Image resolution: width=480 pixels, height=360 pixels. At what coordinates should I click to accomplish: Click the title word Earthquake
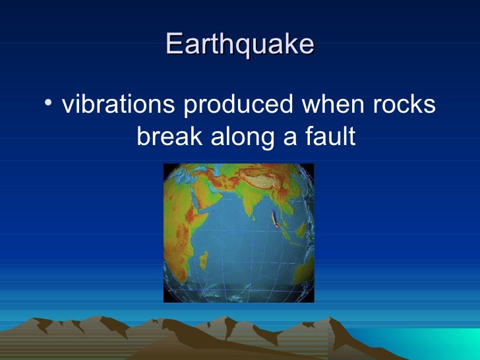[239, 44]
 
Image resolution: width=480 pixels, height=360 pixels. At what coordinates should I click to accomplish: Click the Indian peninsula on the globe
[254, 201]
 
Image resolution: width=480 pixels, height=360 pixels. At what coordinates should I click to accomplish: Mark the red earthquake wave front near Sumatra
[275, 221]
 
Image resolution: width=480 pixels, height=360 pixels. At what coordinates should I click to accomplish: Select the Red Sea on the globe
[188, 198]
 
